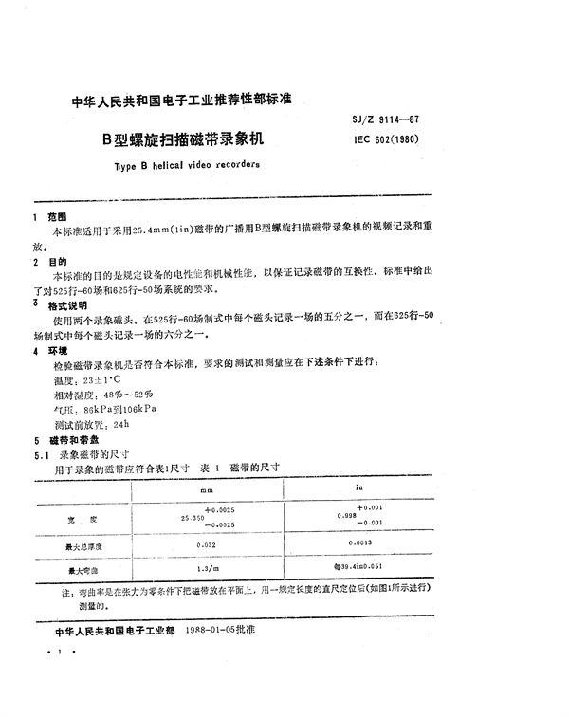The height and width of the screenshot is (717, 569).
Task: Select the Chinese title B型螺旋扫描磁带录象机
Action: click(182, 137)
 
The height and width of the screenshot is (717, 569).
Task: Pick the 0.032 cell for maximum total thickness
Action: click(207, 545)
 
